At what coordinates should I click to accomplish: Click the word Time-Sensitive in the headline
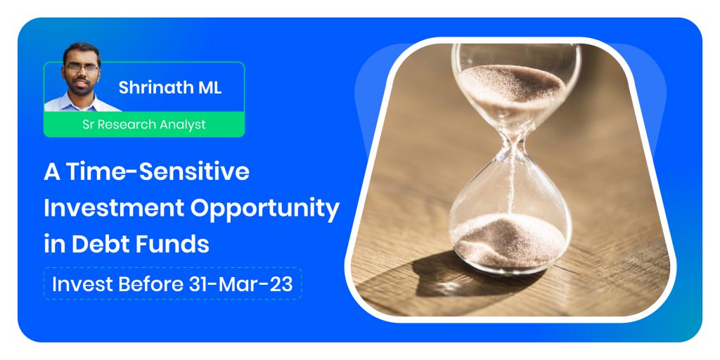coord(157,172)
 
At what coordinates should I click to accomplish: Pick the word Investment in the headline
coord(115,208)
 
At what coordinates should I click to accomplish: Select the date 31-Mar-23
coord(240,284)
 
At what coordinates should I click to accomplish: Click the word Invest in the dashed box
coord(82,284)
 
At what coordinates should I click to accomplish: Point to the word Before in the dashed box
coord(150,284)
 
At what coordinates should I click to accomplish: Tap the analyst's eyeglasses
coord(82,67)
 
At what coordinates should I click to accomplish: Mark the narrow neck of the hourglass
coord(513,146)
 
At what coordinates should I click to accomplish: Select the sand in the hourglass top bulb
coord(512,84)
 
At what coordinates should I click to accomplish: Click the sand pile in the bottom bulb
coord(508,240)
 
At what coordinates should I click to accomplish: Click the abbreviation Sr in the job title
coord(88,124)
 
